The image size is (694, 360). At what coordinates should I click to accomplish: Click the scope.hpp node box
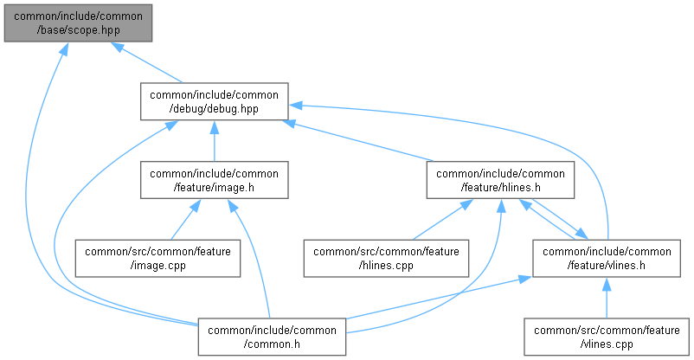click(x=77, y=22)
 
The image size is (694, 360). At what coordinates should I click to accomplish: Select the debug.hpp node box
click(x=214, y=101)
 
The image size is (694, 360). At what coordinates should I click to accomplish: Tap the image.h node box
click(x=215, y=179)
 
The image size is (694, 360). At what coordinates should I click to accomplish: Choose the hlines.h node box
click(x=500, y=179)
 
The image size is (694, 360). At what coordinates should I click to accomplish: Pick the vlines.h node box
click(x=606, y=258)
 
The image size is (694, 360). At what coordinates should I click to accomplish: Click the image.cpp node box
click(x=158, y=258)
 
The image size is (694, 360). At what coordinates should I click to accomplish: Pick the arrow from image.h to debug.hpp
click(x=214, y=140)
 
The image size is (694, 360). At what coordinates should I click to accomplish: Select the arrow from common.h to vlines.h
click(x=433, y=298)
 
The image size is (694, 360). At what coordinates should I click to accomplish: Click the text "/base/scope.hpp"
click(x=77, y=29)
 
